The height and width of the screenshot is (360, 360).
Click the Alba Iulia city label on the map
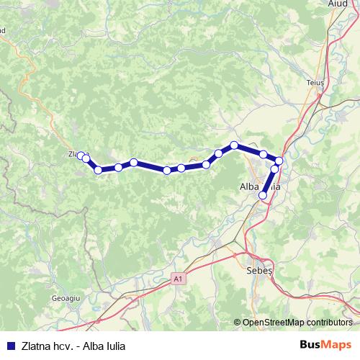[259, 186]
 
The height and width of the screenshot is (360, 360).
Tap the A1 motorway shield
[178, 279]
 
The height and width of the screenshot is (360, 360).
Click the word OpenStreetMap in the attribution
[271, 323]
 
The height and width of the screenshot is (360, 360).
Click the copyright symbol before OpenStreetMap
[238, 323]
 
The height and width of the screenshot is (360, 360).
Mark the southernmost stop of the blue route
[263, 195]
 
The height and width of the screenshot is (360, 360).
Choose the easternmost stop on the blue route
[279, 160]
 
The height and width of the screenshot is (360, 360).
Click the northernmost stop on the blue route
[234, 145]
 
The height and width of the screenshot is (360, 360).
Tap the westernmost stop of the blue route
[81, 155]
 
